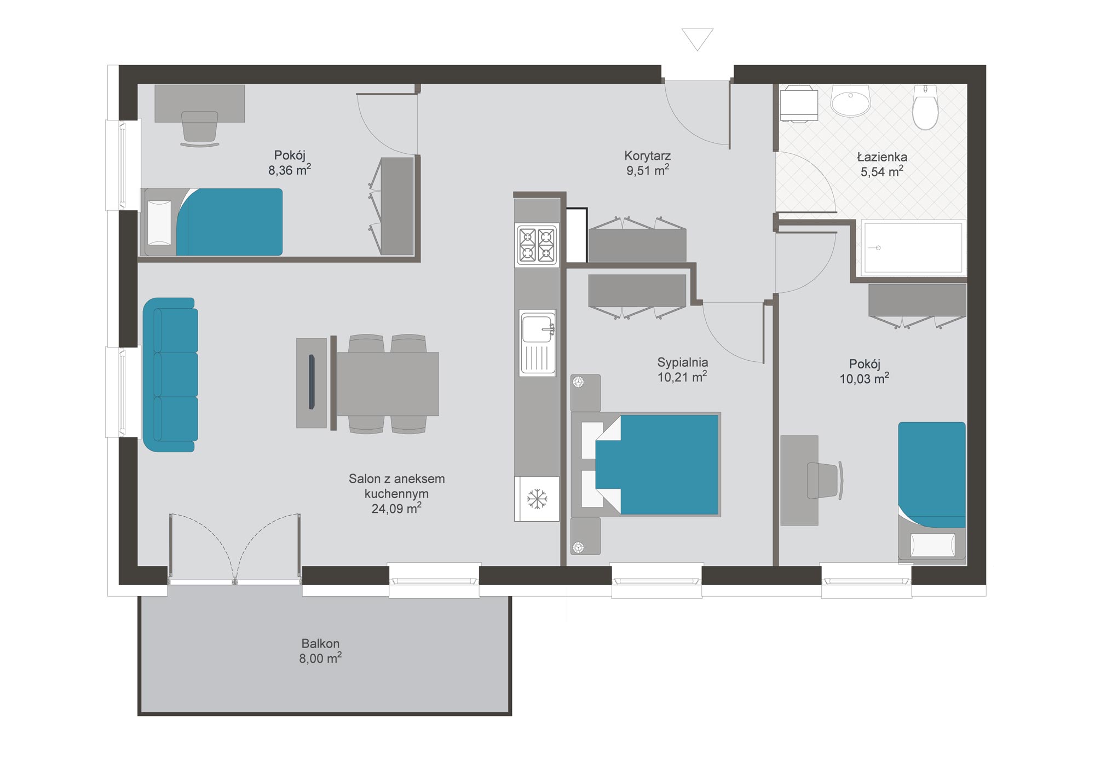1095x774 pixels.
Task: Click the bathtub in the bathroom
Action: [x=913, y=248]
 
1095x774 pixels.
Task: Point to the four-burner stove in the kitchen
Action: [x=537, y=245]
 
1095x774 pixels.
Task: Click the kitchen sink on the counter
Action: [x=538, y=343]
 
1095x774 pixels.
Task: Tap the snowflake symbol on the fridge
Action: [x=537, y=499]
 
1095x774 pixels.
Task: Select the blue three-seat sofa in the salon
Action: [x=170, y=375]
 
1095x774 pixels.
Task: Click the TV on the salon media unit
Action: [x=312, y=382]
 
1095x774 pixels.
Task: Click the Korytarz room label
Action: [x=647, y=155]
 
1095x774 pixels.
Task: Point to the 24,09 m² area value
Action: [x=396, y=509]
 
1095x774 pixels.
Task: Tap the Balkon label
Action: [x=320, y=643]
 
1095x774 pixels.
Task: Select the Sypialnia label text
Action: [x=682, y=362]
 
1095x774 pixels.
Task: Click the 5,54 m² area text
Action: [x=881, y=171]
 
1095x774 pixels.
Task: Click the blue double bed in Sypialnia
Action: [x=656, y=465]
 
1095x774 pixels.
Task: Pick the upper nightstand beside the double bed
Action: [x=585, y=393]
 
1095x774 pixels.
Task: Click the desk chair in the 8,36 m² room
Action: [x=200, y=129]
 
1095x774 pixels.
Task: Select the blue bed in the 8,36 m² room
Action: [x=229, y=222]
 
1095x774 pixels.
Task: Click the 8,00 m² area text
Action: [x=320, y=658]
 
